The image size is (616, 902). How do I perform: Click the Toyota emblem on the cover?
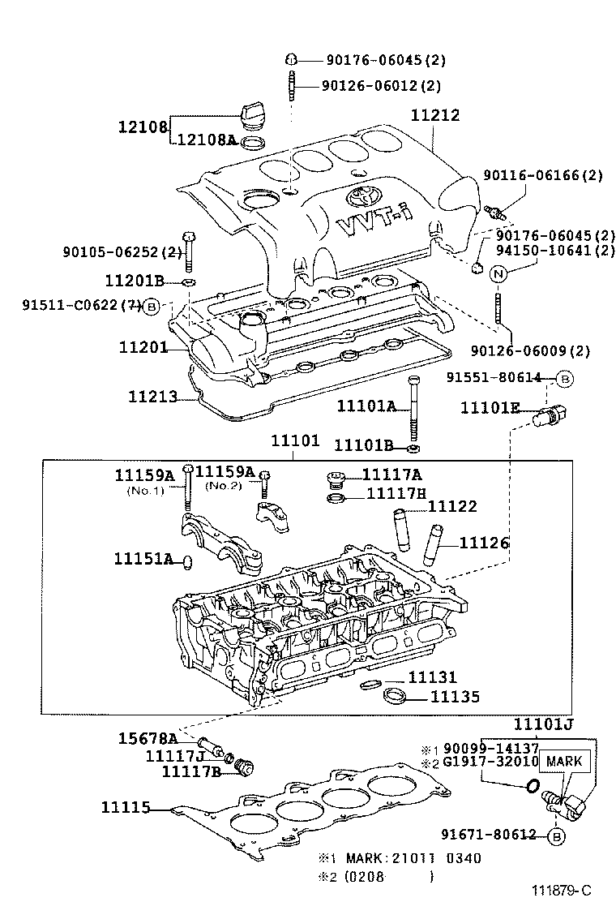pos(360,196)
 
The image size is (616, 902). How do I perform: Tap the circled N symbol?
pos(499,273)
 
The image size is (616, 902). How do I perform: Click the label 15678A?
pos(145,738)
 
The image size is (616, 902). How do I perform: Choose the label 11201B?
pos(135,281)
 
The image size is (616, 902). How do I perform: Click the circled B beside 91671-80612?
pos(556,835)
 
